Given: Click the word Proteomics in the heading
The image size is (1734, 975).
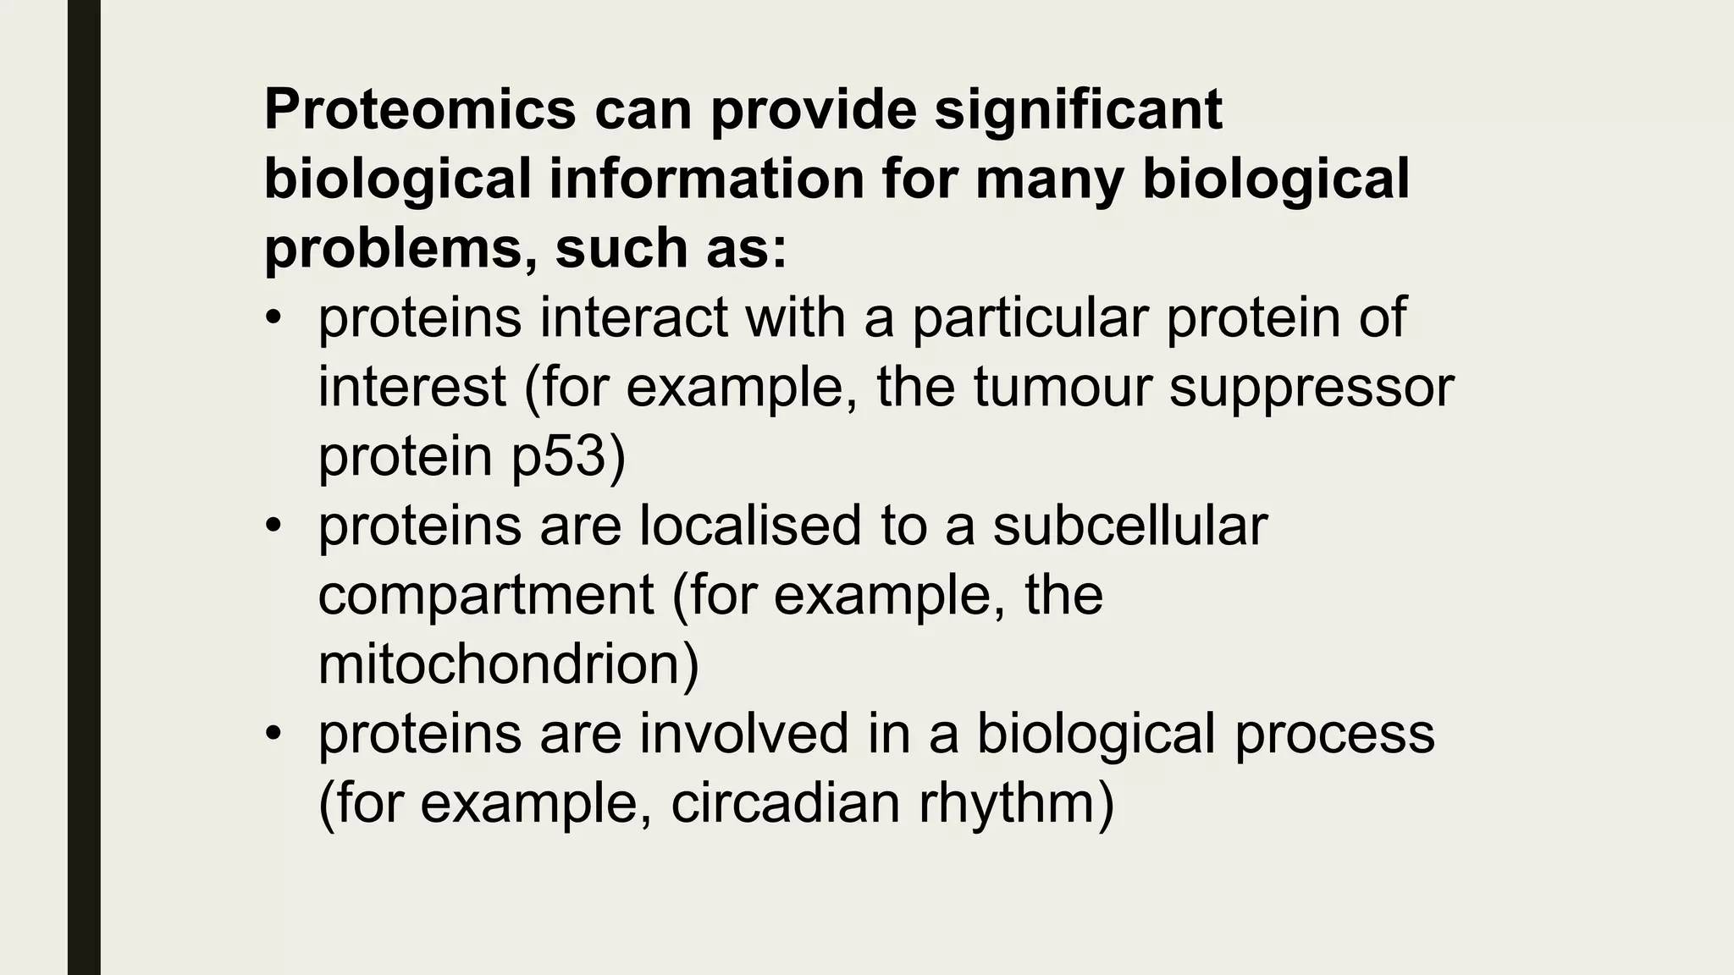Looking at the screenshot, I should click(420, 110).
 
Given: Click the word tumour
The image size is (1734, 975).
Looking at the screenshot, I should click(1062, 387).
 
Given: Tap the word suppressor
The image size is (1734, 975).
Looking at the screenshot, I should click(1312, 387).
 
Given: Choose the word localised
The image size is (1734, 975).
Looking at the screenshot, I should click(750, 526).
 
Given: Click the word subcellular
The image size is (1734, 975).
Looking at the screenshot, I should click(1130, 526).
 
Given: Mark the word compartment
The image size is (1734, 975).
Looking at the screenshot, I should click(486, 595).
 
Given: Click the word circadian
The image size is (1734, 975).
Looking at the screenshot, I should click(786, 802).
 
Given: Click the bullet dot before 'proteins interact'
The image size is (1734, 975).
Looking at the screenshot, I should click(272, 319).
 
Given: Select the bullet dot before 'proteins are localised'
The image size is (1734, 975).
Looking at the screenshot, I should click(272, 527).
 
